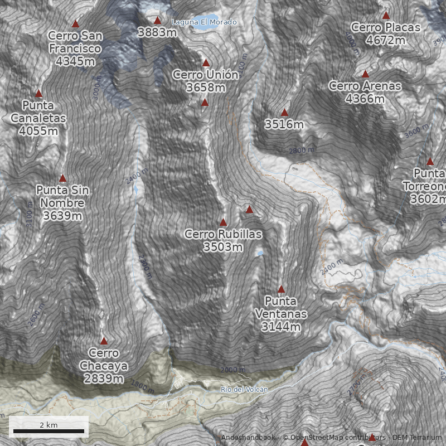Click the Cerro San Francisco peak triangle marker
75,24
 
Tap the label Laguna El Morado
205,22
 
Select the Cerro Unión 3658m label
206,81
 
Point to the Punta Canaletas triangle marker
39,94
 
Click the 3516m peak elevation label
284,124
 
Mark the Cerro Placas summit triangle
386,16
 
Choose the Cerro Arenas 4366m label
365,92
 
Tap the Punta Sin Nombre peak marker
62,178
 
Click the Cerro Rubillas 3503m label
223,240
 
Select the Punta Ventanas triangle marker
281,289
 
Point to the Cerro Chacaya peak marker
104,341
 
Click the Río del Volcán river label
244,389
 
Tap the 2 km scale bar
49,431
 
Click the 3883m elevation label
157,32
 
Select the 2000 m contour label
233,370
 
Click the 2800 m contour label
302,150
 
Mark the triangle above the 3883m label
157,21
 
